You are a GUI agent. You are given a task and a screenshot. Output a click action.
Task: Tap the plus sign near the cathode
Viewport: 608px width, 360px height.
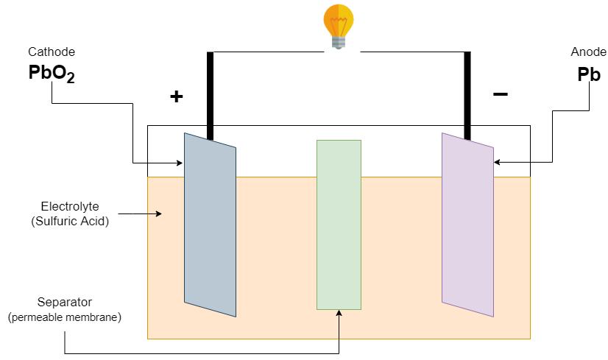[x=176, y=96]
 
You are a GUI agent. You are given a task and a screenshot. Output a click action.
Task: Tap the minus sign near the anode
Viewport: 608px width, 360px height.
[x=501, y=94]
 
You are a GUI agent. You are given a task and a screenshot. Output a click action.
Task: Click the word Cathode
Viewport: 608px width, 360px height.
[x=52, y=52]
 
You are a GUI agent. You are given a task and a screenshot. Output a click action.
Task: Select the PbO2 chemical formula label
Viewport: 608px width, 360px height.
[x=51, y=74]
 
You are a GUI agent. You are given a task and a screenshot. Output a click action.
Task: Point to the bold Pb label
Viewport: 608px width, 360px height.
[x=589, y=74]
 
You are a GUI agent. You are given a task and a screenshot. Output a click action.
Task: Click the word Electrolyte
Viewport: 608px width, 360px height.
[x=71, y=206]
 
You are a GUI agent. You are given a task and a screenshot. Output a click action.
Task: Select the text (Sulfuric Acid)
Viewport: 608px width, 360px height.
[x=71, y=220]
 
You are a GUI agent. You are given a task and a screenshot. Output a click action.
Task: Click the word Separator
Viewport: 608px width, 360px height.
[x=64, y=303]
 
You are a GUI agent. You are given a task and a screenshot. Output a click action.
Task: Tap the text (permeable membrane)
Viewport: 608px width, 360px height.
[x=64, y=317]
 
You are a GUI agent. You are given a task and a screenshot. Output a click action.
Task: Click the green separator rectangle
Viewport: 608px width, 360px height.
[x=339, y=225]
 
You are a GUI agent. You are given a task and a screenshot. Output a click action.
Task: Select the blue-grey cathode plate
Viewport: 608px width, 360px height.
[x=210, y=225]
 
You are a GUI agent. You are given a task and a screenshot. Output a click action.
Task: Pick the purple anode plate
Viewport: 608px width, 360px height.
[x=467, y=225]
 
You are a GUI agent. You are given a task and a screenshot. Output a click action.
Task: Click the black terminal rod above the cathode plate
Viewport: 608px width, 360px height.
[x=210, y=96]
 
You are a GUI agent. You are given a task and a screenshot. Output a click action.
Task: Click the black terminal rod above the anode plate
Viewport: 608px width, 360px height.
[x=467, y=96]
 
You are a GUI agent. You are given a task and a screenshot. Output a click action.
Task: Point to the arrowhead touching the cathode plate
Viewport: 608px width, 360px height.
[x=180, y=163]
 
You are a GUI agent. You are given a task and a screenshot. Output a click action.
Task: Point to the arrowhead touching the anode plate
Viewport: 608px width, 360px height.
[x=498, y=162]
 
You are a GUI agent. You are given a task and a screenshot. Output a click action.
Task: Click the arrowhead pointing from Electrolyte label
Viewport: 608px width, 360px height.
[x=158, y=214]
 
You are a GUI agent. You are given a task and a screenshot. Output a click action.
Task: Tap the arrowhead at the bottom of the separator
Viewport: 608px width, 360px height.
[x=339, y=314]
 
